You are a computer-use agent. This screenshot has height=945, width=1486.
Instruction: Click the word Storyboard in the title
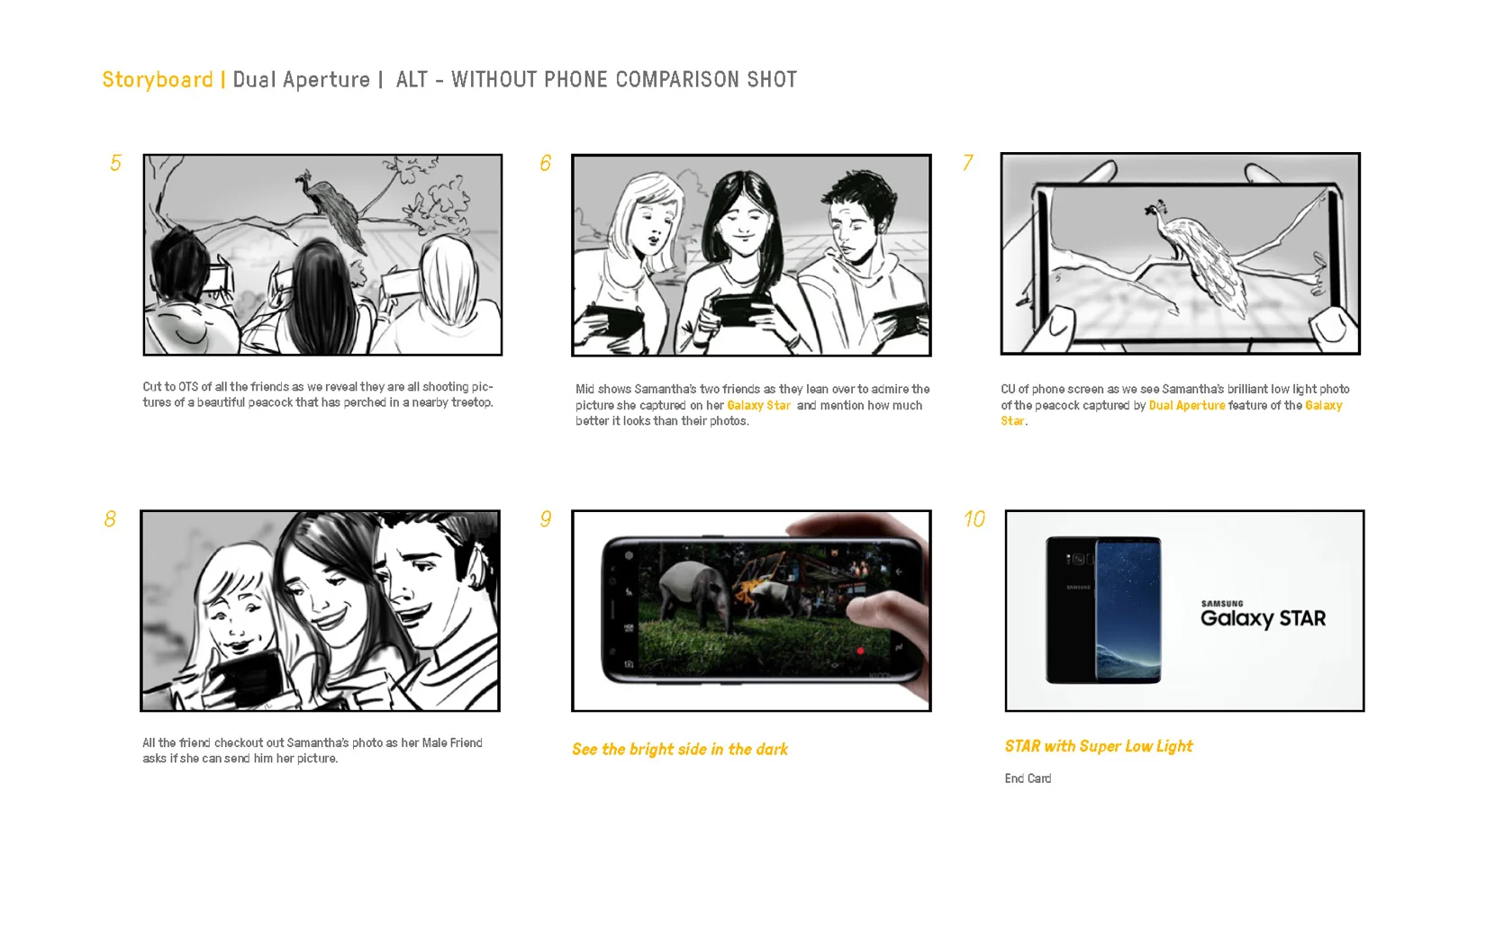[158, 79]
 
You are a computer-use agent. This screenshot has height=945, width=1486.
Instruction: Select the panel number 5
[115, 163]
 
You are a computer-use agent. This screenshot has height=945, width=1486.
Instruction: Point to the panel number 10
[974, 518]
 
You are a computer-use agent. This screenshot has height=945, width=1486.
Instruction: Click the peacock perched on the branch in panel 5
[331, 209]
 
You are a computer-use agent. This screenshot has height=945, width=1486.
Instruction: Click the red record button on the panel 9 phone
[860, 652]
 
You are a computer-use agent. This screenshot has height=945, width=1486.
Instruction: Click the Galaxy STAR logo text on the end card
[1263, 618]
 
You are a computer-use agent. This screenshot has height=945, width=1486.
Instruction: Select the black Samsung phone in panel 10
[1103, 610]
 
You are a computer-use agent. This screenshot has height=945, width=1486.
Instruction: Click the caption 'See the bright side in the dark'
[680, 750]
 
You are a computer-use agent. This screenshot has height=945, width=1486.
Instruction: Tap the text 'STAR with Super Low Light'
[1099, 747]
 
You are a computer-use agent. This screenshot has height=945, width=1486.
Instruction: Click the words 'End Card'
[1028, 778]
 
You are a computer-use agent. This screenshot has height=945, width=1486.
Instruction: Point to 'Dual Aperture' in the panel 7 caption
[1187, 405]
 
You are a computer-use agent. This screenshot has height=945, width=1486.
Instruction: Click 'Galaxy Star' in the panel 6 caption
[758, 405]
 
